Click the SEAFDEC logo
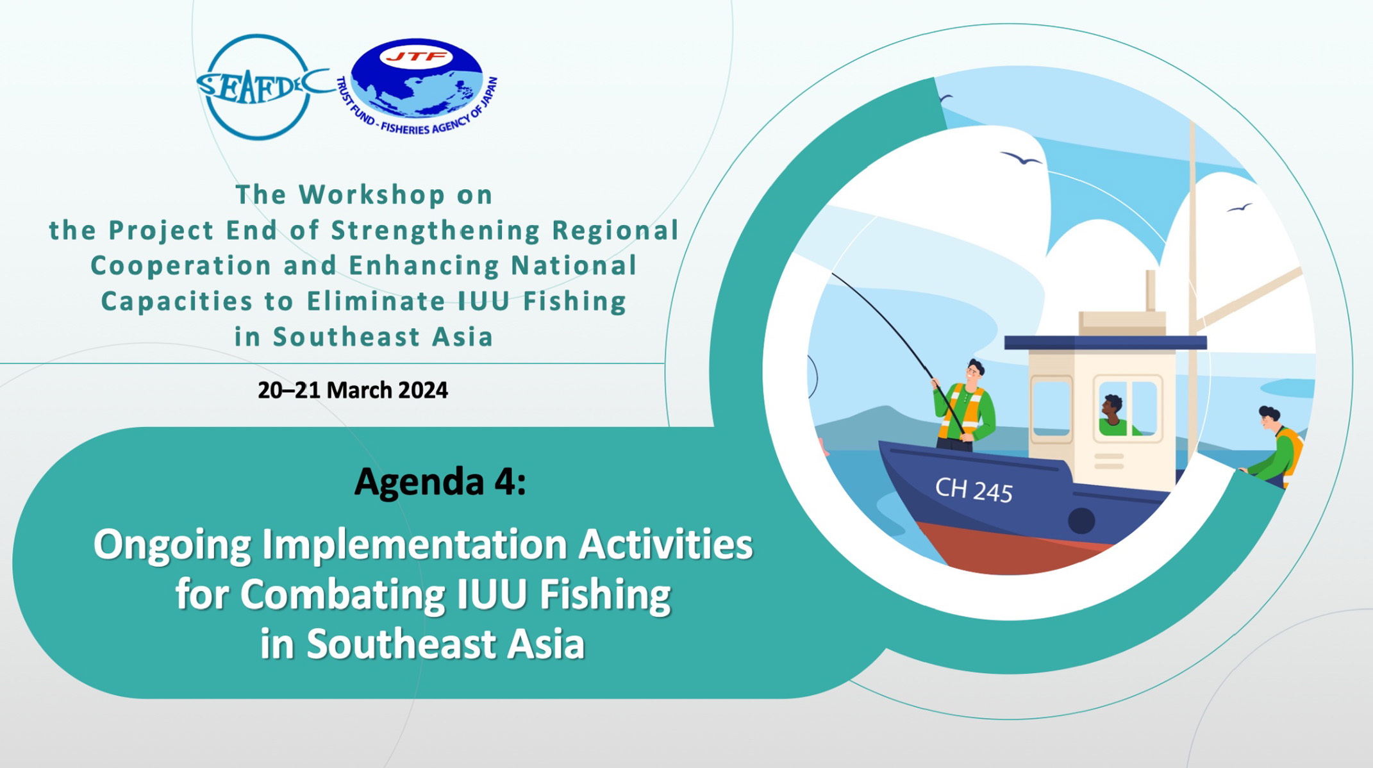(260, 87)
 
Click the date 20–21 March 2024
(353, 390)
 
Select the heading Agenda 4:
(440, 482)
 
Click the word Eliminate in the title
(376, 301)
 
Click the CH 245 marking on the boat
(974, 490)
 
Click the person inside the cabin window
(1116, 416)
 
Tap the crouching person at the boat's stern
(1272, 446)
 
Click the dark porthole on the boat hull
(1081, 521)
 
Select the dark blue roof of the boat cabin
(1105, 343)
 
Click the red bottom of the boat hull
(1013, 548)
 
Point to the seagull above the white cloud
(1021, 158)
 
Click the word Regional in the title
(615, 231)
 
